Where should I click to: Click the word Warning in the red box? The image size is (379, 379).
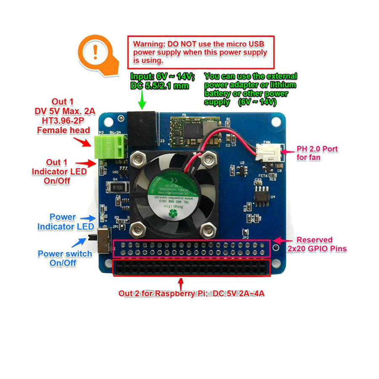(x=149, y=44)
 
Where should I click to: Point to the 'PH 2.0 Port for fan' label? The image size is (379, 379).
(x=317, y=153)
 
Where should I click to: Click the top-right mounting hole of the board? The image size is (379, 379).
(x=276, y=122)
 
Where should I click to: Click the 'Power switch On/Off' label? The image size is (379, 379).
(x=64, y=258)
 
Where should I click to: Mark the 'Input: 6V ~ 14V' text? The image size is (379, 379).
(x=162, y=77)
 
